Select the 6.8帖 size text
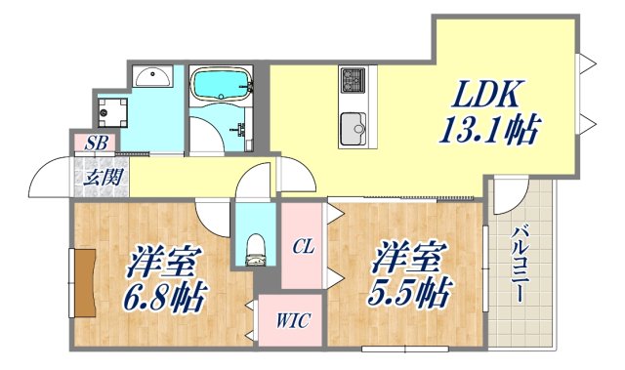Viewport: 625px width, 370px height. click(163, 295)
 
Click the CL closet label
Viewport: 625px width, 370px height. click(302, 247)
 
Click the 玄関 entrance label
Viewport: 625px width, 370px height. click(96, 178)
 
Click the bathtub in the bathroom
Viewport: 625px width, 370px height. click(221, 88)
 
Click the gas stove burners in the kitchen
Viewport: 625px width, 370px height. click(352, 78)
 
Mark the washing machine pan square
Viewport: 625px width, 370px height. click(111, 110)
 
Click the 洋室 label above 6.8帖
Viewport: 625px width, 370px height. click(163, 261)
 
